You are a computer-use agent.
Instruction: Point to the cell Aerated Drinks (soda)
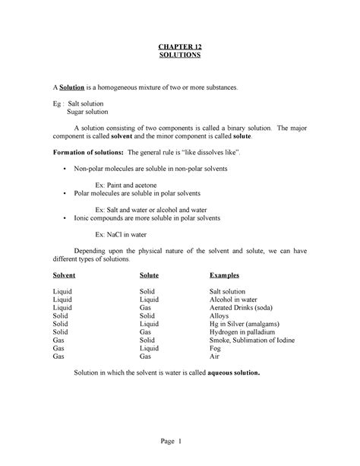coord(243,309)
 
